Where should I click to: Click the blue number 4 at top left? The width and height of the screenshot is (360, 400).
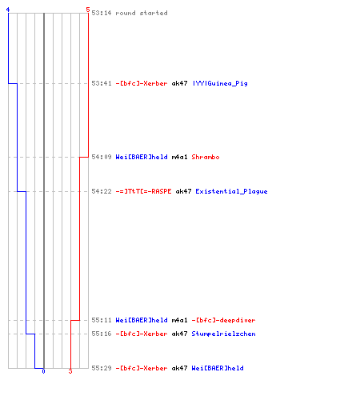pos(8,10)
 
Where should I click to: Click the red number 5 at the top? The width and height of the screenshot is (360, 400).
pos(88,10)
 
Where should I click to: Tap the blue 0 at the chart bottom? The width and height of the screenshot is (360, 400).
pos(43,371)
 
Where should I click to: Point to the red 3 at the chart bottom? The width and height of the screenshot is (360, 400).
pos(70,371)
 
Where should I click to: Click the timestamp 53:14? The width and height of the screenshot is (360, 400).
pos(102,13)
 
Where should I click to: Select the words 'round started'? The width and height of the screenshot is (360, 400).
pos(142,13)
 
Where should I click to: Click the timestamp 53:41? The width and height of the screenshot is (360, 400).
pos(102,83)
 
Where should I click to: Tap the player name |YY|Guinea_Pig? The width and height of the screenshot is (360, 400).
pos(220,83)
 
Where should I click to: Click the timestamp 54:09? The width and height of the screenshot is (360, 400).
pos(102,157)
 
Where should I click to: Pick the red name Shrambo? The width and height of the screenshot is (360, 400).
pos(206,157)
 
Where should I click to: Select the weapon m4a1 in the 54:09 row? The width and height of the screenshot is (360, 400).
pos(179,157)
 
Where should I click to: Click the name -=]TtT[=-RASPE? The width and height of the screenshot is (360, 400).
pos(143,191)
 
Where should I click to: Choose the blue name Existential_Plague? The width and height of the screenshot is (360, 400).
pos(231,191)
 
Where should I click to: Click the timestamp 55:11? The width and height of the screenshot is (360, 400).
pos(102,320)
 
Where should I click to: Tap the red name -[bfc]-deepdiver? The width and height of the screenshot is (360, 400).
pos(223,320)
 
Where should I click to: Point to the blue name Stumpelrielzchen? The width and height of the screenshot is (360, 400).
pos(223,334)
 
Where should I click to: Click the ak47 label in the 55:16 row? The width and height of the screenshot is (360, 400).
pos(179,334)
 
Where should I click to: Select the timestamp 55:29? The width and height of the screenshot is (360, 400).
pos(102,368)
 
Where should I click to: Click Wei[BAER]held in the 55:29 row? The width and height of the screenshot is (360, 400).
pos(218,368)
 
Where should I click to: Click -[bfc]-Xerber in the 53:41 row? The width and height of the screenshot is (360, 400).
pos(142,83)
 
